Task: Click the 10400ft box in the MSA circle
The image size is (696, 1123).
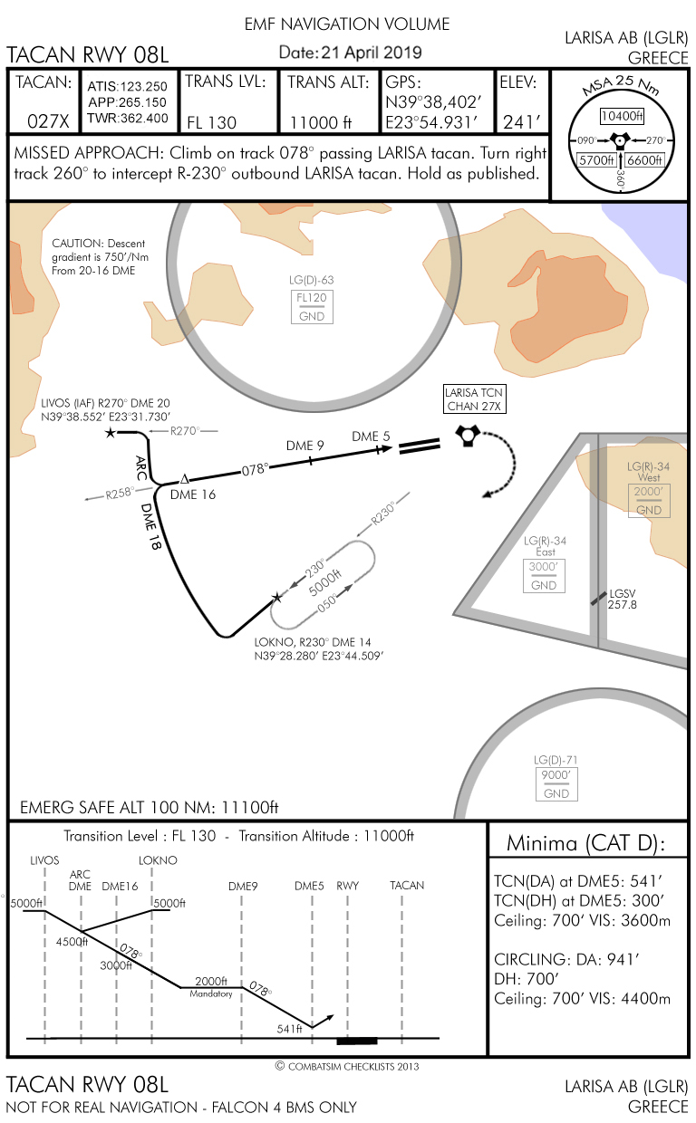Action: coord(622,116)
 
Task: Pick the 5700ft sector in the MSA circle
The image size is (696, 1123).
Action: coord(597,160)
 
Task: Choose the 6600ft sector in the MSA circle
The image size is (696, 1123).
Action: coord(645,160)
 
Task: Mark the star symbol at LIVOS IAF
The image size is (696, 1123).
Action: coord(111,434)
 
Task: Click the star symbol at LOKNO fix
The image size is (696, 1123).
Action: coord(277,598)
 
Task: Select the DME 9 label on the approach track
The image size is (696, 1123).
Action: coord(305,446)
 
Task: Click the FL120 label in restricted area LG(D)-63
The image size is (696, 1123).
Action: coord(311,298)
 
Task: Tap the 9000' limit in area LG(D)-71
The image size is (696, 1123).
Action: coord(556,776)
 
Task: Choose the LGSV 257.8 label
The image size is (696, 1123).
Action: coord(622,599)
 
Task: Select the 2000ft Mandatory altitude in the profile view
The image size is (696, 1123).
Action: coord(211,982)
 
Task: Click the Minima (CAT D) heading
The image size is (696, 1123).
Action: coord(585,844)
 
